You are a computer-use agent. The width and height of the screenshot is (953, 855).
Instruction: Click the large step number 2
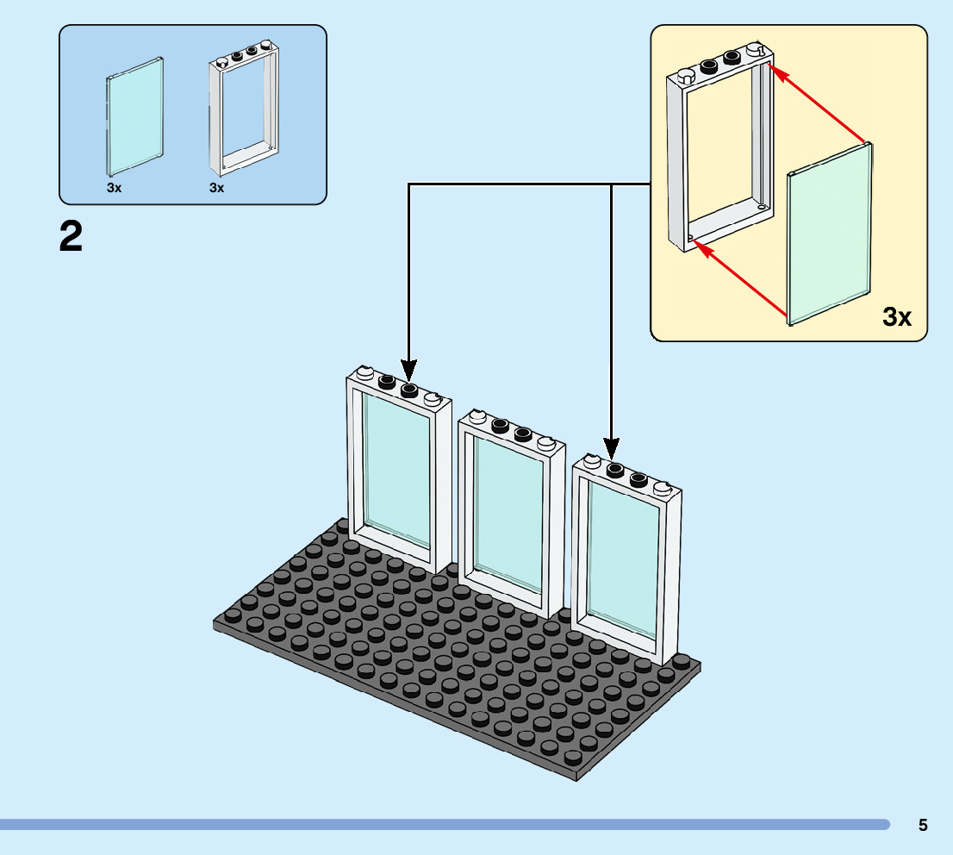point(71,236)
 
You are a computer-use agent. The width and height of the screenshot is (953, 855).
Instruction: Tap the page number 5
point(923,825)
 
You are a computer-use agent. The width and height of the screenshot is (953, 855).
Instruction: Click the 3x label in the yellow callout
point(896,317)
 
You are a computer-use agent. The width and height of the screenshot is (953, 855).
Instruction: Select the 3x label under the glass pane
point(114,187)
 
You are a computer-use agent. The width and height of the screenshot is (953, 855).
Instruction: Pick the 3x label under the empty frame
point(216,187)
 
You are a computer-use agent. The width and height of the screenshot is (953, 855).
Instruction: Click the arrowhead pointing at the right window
point(611,448)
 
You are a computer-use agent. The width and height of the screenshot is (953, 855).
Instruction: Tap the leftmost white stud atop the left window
point(365,374)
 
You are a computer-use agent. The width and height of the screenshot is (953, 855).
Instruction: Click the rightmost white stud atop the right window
point(662,489)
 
